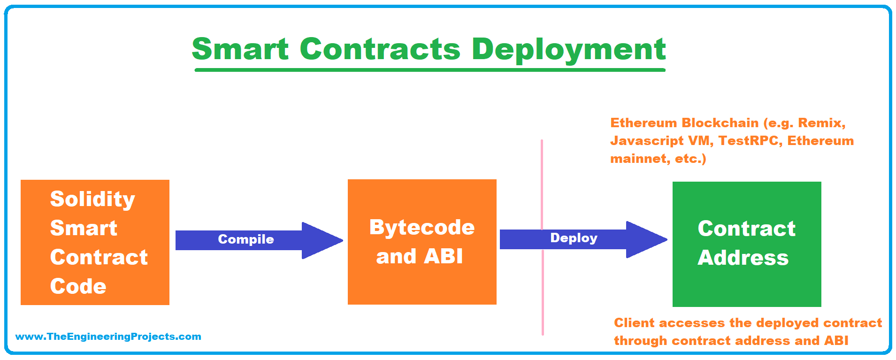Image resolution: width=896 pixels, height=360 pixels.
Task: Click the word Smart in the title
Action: [240, 49]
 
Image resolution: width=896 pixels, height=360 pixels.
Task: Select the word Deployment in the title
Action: [569, 50]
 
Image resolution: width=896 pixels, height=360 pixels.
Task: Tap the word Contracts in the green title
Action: [380, 49]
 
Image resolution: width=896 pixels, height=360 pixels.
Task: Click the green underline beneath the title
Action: [430, 70]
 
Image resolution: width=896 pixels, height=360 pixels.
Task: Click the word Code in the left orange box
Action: [78, 286]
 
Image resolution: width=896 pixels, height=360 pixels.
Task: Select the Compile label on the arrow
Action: [246, 239]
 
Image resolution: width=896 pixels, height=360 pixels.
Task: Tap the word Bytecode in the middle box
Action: [422, 228]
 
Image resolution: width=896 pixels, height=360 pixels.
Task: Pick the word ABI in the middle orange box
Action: [443, 256]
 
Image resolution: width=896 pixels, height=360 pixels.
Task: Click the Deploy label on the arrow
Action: [574, 238]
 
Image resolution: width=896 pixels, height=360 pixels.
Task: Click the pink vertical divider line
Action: [542, 237]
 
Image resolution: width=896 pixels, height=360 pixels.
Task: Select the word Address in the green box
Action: [743, 258]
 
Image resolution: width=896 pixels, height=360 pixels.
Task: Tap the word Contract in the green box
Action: [746, 229]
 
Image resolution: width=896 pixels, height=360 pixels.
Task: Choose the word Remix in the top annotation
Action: [821, 123]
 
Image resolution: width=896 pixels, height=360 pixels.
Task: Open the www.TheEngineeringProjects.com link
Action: [108, 337]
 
